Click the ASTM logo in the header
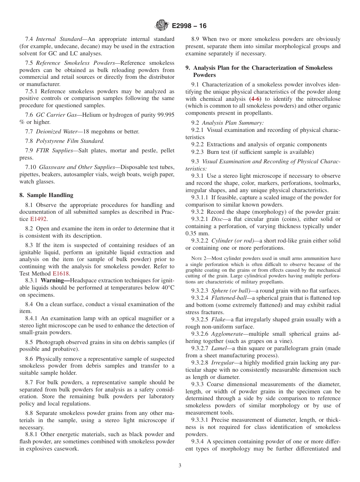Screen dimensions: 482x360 (162, 26)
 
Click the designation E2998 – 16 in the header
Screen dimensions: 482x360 (189, 26)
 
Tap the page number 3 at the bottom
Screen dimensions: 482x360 (180, 466)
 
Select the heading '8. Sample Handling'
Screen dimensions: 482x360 (46, 195)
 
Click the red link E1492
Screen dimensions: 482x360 (39, 219)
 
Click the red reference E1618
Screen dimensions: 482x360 (61, 274)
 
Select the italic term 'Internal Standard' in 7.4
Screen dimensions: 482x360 (59, 39)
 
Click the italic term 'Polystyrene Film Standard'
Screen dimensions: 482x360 (70, 141)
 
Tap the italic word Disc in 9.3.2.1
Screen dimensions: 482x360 (217, 219)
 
